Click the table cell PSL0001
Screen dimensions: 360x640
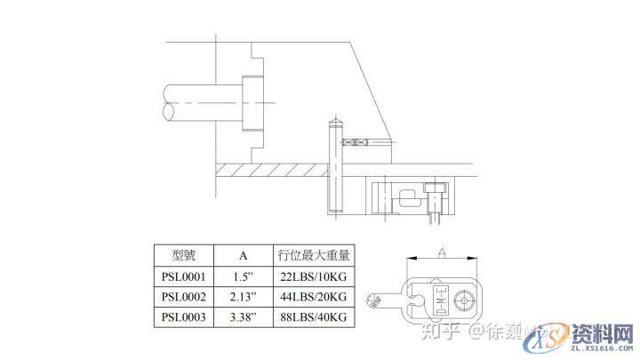pos(184,276)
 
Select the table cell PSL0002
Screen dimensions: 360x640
pos(184,296)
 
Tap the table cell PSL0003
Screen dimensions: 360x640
pos(184,316)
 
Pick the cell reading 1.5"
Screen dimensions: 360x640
pos(243,276)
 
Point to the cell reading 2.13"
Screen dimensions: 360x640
pos(243,296)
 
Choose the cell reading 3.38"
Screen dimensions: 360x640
pos(243,316)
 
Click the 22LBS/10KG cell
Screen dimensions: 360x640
pos(313,276)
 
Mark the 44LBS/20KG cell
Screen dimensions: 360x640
pos(313,296)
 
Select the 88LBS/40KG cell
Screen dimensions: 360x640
pos(313,316)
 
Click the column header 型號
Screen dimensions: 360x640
pos(184,256)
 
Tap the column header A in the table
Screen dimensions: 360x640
pos(243,256)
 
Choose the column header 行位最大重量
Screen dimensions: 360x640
pos(313,256)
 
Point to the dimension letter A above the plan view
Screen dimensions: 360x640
pos(442,252)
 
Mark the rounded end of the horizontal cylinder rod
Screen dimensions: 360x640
pos(167,102)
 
